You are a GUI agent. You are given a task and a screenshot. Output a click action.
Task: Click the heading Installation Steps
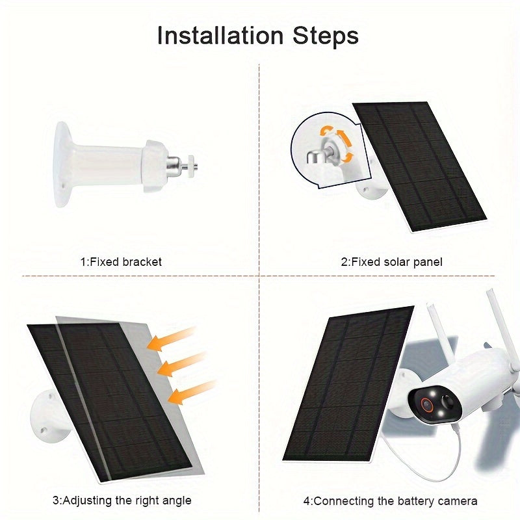(x=258, y=36)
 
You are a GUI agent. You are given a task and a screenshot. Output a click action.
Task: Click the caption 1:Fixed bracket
(x=121, y=262)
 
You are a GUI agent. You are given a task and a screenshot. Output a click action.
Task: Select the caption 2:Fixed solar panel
(x=392, y=262)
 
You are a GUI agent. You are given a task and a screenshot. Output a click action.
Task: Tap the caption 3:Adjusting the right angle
(x=122, y=500)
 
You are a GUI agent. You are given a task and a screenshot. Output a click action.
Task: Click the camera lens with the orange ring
(x=429, y=403)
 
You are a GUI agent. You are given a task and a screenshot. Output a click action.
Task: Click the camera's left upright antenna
(x=434, y=338)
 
